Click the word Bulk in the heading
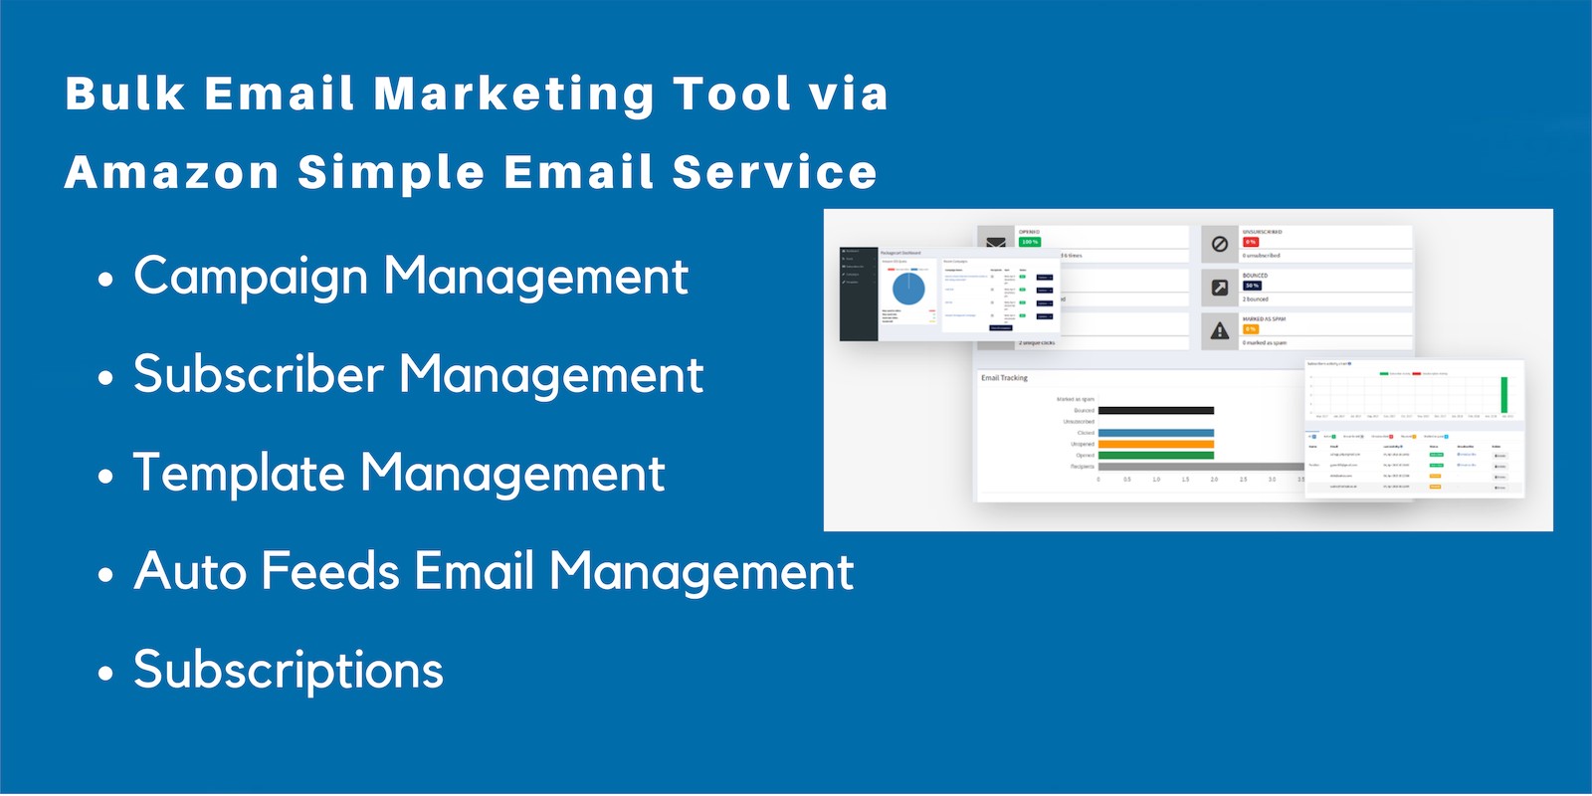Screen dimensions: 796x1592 click(125, 95)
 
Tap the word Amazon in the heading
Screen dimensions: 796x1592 click(171, 173)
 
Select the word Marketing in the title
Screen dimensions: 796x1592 click(513, 95)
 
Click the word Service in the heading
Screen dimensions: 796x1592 click(774, 173)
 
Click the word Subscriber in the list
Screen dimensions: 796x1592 click(259, 375)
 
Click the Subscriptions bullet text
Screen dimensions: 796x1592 click(289, 670)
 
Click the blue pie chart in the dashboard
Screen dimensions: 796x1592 click(908, 289)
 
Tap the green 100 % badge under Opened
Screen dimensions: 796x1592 click(1029, 242)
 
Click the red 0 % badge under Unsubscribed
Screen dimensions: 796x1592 click(1251, 242)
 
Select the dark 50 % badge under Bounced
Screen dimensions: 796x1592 click(1252, 286)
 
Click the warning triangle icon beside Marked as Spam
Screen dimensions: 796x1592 click(1220, 331)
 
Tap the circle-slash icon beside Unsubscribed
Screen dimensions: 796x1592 click(1220, 244)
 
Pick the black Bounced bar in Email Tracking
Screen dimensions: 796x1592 click(1155, 410)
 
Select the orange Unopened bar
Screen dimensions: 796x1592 click(1155, 444)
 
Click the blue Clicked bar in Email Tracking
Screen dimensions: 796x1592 click(1155, 433)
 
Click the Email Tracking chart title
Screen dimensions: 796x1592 click(1004, 378)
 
